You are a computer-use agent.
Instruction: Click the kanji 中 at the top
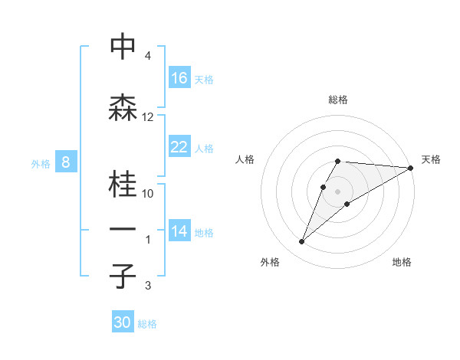click(123, 47)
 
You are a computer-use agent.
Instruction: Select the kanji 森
click(123, 108)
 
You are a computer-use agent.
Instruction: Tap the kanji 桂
click(123, 185)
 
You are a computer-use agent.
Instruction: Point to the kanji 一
click(123, 230)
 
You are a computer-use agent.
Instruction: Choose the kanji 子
click(123, 277)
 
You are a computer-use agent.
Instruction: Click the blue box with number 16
click(179, 78)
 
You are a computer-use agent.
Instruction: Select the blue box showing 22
click(179, 147)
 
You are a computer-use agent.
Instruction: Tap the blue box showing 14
click(179, 232)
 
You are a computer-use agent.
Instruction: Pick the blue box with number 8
click(66, 162)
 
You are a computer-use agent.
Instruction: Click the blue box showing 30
click(123, 323)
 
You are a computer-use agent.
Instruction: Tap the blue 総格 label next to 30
click(147, 325)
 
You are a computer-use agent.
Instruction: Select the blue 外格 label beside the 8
click(40, 163)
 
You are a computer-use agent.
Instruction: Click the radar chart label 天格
click(431, 159)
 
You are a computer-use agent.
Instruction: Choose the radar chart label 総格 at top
click(337, 100)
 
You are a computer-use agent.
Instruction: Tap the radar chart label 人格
click(245, 159)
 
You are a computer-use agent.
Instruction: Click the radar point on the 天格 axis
click(411, 168)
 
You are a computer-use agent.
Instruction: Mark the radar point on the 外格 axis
click(302, 242)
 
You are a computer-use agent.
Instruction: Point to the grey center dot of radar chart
click(337, 191)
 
